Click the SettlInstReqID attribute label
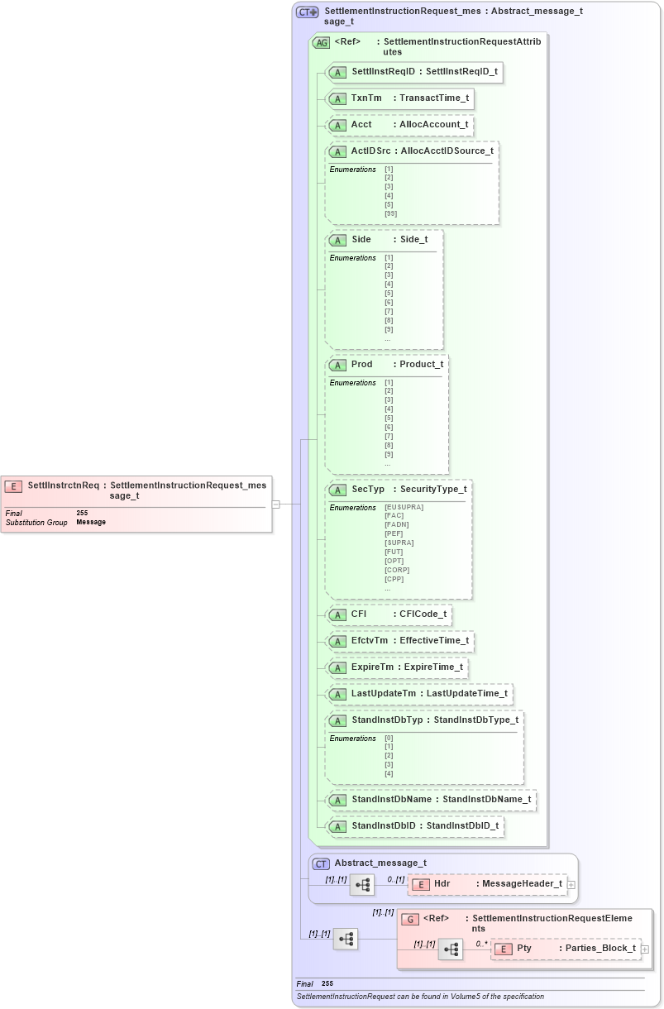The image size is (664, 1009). click(383, 72)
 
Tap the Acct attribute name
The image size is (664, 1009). click(361, 125)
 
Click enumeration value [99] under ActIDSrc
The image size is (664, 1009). click(390, 213)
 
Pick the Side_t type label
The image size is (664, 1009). click(413, 240)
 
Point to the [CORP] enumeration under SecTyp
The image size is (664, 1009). click(397, 570)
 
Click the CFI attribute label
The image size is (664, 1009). click(359, 614)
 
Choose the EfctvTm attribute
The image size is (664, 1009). click(370, 641)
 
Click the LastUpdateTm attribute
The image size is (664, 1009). click(384, 694)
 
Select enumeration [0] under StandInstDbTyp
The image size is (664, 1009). click(389, 738)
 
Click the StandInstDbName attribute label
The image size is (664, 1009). click(392, 800)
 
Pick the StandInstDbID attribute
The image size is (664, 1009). click(385, 826)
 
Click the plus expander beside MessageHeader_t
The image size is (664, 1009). click(571, 885)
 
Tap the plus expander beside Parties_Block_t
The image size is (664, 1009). click(645, 949)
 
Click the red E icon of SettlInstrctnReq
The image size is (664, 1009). click(13, 486)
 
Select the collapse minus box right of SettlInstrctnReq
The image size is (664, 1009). click(275, 504)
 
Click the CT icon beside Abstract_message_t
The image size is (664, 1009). click(321, 863)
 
